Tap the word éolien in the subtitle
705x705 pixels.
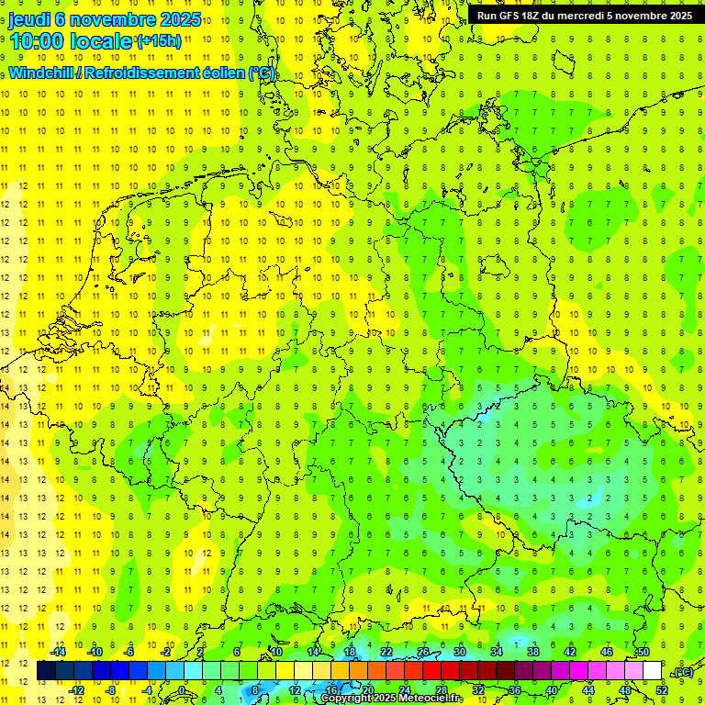coord(224,73)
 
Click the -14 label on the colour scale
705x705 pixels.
coord(60,652)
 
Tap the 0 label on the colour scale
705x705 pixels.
coord(181,690)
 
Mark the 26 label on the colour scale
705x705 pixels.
coord(422,652)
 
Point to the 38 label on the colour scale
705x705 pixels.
coord(532,652)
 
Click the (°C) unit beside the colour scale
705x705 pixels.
coord(684,673)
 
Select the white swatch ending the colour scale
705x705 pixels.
coord(652,671)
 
